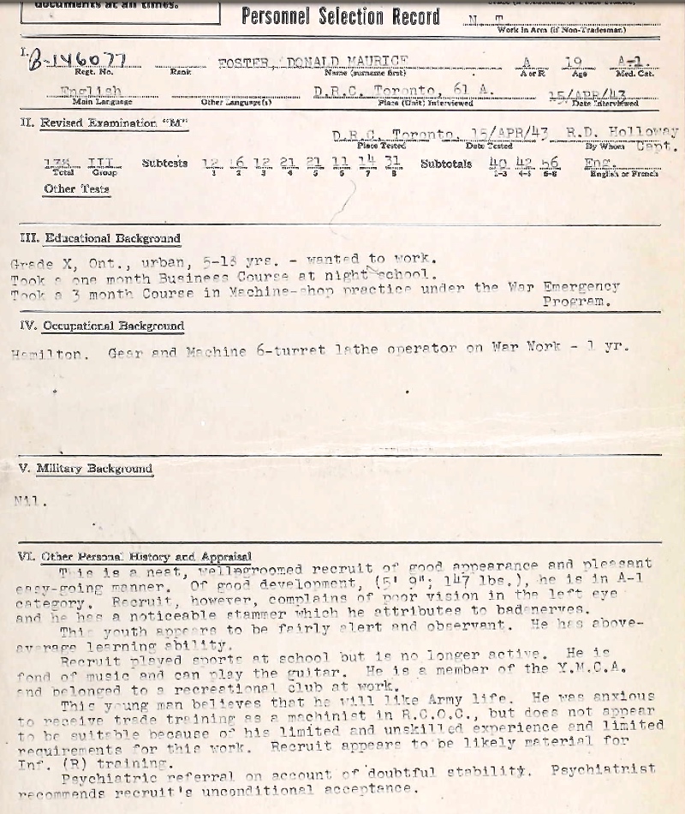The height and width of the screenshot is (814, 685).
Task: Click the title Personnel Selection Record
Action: pos(340,16)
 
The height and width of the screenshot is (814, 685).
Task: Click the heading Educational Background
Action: pos(112,238)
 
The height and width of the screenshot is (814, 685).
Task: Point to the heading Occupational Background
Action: pos(113,326)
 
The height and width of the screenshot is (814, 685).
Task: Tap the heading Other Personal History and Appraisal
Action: pos(146,556)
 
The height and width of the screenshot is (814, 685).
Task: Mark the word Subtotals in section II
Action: pos(445,163)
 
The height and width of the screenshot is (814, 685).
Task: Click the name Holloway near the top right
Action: pos(643,132)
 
